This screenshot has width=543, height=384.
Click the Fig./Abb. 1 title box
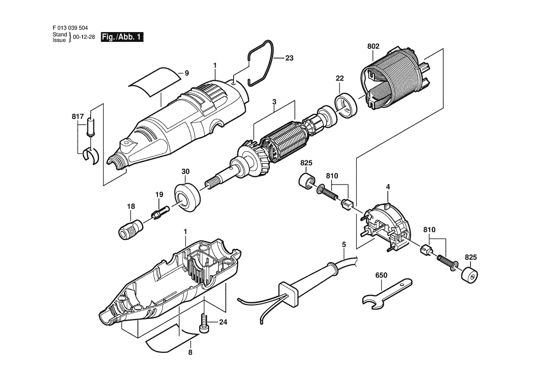click(x=122, y=37)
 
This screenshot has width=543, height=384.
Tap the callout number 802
click(x=373, y=46)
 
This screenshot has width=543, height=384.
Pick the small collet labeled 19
click(x=160, y=212)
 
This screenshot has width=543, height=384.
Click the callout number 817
click(x=78, y=116)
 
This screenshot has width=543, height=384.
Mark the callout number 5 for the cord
click(x=344, y=245)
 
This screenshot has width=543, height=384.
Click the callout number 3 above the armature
click(x=274, y=101)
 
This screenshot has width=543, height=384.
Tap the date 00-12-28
click(x=84, y=37)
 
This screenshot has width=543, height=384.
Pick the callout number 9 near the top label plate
click(x=187, y=73)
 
